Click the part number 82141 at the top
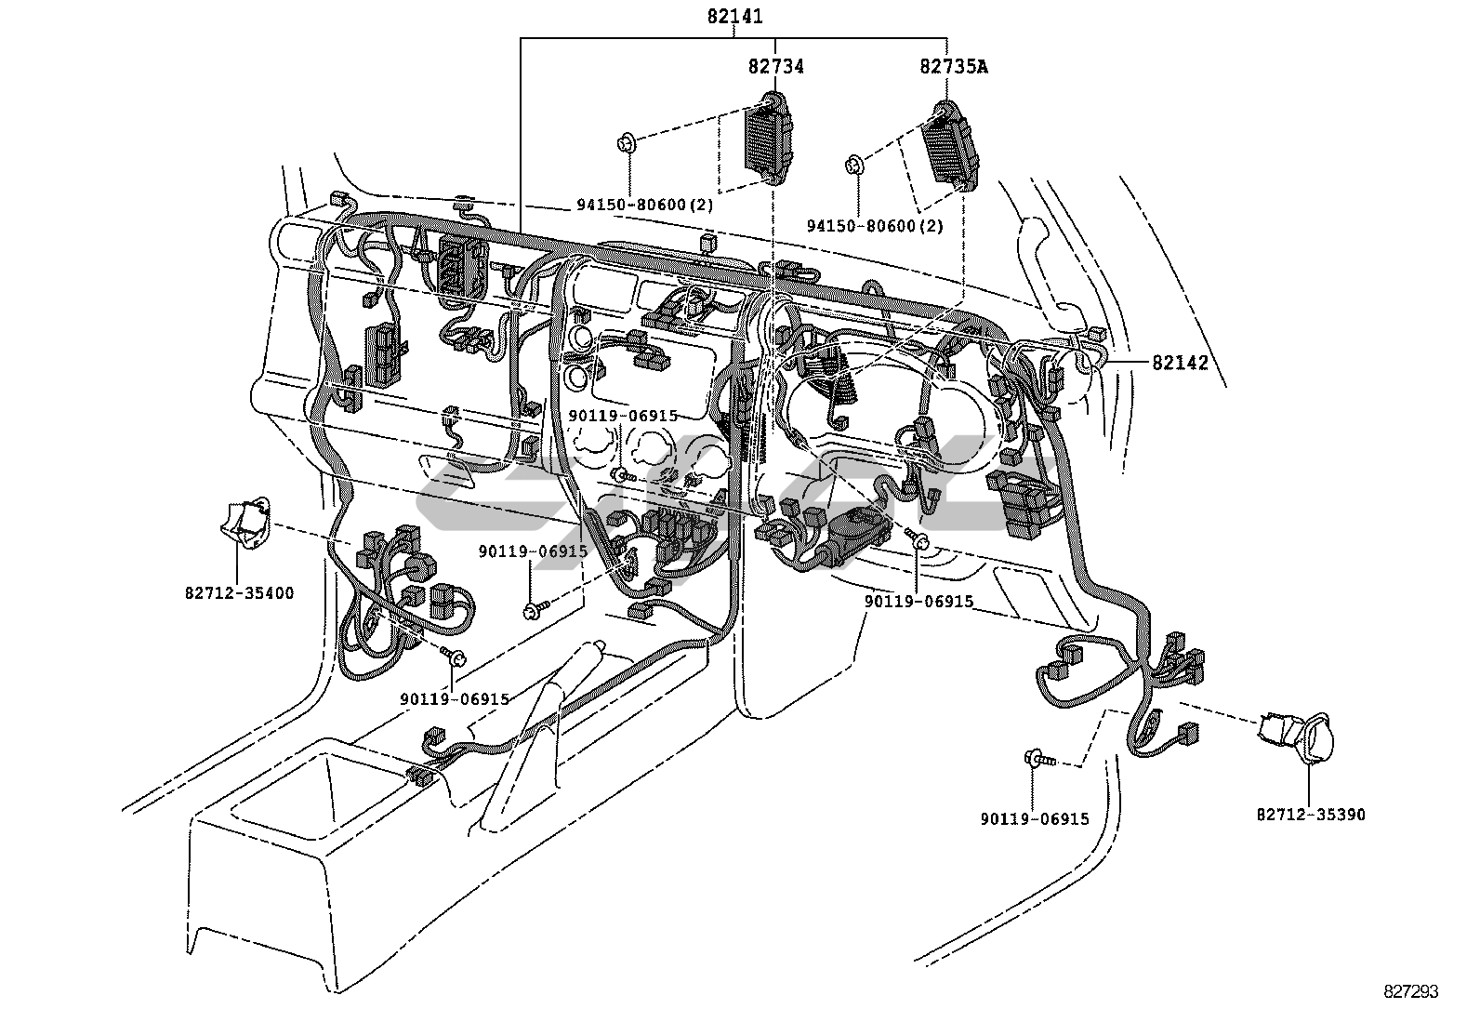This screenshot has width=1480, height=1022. point(734,16)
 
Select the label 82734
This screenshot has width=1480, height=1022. point(775,66)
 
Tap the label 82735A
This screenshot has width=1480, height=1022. point(954,66)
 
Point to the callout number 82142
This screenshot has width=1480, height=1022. point(1180,363)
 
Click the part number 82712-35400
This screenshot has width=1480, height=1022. point(239,593)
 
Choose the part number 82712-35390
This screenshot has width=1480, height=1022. point(1311,815)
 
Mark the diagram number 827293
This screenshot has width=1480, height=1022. point(1410,991)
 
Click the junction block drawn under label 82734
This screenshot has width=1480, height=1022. point(770,139)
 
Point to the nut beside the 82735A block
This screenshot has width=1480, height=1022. point(853,164)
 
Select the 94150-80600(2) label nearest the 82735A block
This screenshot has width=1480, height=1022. point(875,226)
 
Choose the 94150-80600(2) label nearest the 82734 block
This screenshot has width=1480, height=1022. point(645,205)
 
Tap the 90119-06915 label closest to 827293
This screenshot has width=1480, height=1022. point(1035,819)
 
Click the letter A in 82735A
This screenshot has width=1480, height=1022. point(982,66)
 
